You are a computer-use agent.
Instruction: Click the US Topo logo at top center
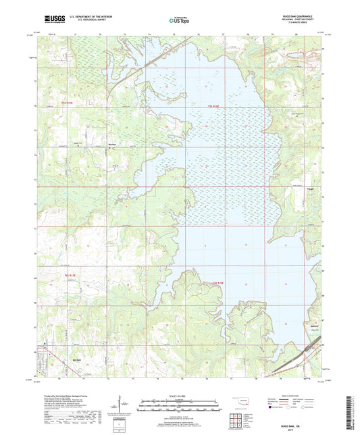click(x=179, y=21)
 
